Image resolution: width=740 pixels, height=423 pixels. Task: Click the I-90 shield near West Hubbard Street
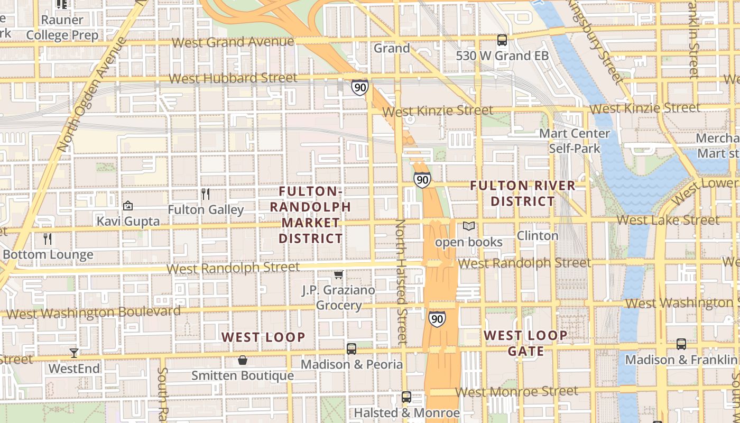coord(359,87)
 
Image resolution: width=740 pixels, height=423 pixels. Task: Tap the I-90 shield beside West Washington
coord(437,319)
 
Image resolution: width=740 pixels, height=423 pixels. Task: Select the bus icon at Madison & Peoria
coord(351,348)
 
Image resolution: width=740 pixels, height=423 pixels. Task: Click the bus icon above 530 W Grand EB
coord(502,40)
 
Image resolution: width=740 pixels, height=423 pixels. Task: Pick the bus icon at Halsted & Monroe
coord(406,397)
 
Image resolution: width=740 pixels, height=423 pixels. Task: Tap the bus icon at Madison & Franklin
coord(681,344)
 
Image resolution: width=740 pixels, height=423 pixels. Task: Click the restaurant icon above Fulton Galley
coord(206,194)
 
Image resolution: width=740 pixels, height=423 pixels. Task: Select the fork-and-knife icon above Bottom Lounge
coord(48,238)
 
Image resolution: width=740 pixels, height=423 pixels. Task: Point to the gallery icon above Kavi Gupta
coord(127,206)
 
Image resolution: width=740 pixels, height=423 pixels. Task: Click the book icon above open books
coord(468,226)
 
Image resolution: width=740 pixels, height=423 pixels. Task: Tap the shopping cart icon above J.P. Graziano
coord(338,274)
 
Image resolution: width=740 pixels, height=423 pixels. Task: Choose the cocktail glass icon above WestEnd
coord(73,353)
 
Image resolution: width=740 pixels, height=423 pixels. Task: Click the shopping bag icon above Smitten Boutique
coord(242,360)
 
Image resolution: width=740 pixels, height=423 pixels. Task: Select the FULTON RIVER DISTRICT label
coord(522,194)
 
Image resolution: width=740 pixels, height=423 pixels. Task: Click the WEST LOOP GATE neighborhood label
coord(525,343)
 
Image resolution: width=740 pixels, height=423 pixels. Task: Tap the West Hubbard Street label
coord(233,78)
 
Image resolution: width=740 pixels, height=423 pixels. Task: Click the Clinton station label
coord(538,235)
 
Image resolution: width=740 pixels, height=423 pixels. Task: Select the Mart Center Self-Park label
coord(575,141)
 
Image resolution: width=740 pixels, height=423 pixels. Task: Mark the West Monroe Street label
coord(517,392)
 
